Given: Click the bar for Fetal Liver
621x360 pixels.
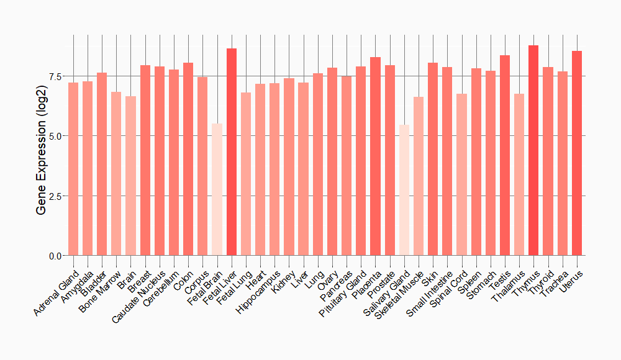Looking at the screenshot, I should (x=232, y=152).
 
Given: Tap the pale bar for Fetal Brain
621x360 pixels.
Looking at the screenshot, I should (x=217, y=189).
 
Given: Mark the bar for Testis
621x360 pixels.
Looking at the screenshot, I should (x=505, y=155).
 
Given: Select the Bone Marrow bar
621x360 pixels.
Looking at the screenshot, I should (x=116, y=174).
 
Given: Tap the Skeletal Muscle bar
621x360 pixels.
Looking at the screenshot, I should (x=419, y=176).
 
